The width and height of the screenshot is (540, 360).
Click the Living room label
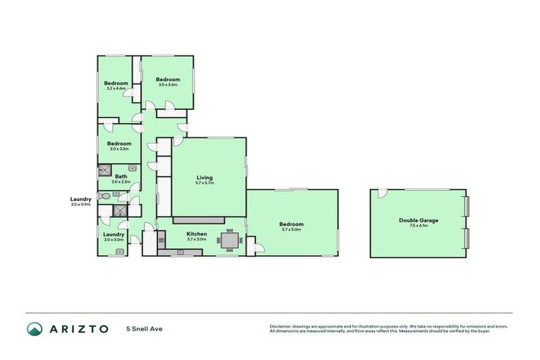click(205, 177)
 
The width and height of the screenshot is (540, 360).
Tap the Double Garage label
click(418, 220)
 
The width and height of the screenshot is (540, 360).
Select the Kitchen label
click(196, 233)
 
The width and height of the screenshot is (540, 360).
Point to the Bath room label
click(121, 176)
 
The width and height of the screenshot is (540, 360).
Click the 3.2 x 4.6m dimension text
click(116, 89)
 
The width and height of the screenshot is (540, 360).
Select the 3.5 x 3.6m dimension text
click(167, 85)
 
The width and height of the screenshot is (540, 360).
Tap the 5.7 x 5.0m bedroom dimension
click(292, 229)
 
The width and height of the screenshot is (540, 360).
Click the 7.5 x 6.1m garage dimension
click(418, 226)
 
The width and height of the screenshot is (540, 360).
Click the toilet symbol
click(104, 196)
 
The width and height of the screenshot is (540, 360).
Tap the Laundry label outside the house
click(81, 199)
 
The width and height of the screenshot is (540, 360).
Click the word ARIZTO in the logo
click(78, 328)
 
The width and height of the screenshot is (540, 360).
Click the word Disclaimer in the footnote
click(281, 326)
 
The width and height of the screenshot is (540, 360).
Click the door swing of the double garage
click(382, 193)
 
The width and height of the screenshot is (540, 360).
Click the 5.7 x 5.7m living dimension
click(205, 183)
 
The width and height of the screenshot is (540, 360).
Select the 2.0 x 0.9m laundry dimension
click(81, 205)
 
